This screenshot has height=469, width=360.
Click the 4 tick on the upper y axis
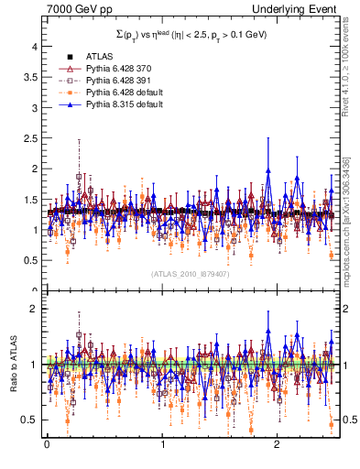[32, 45]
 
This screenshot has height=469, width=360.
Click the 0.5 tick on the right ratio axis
[350, 420]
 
